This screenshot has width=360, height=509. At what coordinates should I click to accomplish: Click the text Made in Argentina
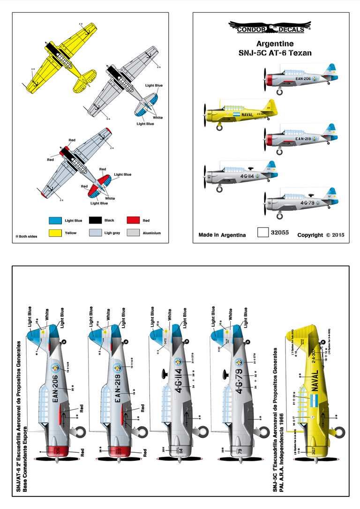(x=222, y=235)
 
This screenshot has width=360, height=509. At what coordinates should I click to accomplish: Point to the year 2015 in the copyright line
(x=337, y=235)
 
